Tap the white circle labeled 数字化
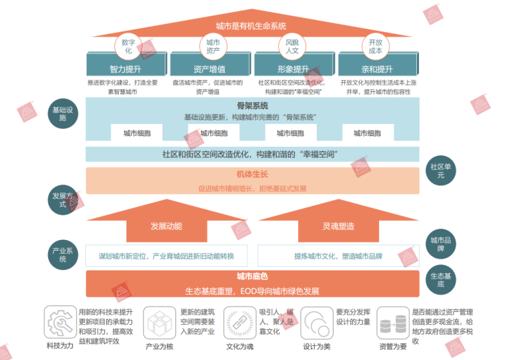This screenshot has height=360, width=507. pos(128,47)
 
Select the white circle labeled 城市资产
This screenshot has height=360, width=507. pos(213,47)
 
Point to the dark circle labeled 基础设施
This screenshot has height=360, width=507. pos(64,113)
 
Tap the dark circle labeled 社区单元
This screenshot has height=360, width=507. pos(440,171)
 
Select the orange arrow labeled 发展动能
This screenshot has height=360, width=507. pos(166,226)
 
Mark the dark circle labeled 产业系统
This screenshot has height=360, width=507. pos(64,255)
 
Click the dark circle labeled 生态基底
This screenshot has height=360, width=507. pos(440,279)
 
